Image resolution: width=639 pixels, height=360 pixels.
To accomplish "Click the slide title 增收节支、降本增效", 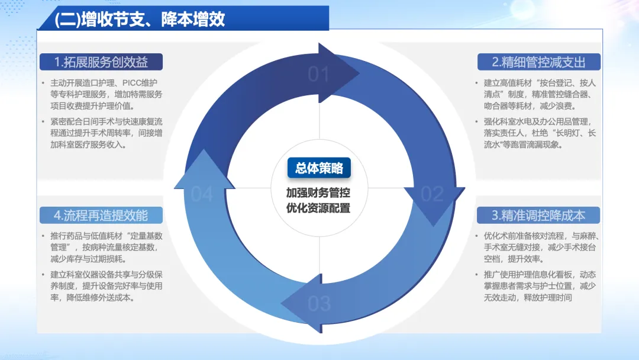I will point(140,19).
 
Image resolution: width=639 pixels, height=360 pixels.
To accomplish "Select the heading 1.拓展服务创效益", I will point(101,62).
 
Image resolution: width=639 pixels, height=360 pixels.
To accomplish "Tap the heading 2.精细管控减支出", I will point(538,62).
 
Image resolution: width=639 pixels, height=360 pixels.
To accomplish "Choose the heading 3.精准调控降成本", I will point(538,214).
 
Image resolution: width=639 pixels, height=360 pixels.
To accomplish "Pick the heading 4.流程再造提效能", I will point(101,214).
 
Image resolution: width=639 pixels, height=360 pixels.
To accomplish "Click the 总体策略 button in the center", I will point(319,168).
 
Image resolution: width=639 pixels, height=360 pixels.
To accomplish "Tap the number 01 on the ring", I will point(318,74).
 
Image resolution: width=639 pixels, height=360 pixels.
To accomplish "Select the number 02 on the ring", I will point(432,194).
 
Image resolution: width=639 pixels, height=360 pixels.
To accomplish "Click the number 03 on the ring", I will point(319,303).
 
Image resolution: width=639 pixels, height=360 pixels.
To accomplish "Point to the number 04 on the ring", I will point(202,194).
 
